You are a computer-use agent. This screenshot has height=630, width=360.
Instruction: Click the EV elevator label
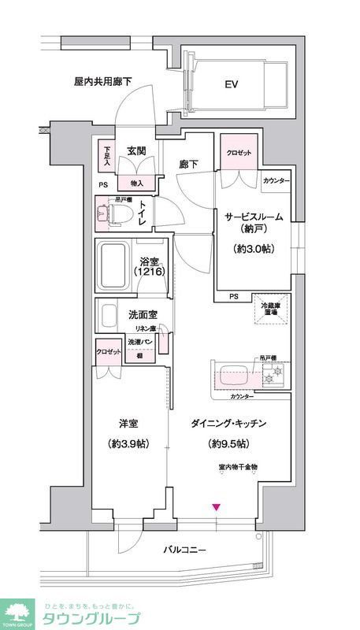[x=232, y=84]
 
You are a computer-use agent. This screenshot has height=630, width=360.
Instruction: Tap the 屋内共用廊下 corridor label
[x=102, y=81]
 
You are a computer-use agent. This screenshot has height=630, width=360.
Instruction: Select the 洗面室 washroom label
[x=143, y=315]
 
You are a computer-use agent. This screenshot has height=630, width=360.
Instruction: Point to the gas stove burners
[x=276, y=376]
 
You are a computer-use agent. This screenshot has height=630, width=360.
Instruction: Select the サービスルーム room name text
[x=252, y=217]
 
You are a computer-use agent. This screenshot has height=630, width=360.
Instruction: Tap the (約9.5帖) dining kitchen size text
[x=228, y=443]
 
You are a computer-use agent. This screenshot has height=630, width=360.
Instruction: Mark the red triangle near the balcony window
[x=216, y=506]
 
